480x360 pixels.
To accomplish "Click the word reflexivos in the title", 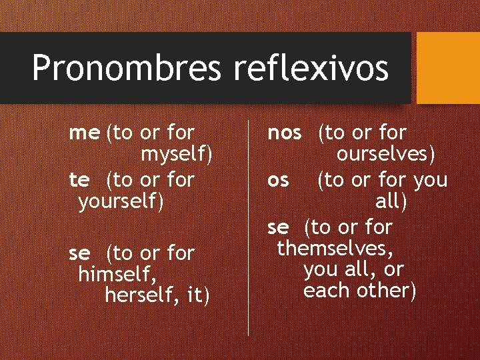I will (311, 68).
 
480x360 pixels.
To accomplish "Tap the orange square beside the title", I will (447, 68).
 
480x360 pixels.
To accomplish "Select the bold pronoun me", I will (84, 133).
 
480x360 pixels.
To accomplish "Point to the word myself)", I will (177, 155).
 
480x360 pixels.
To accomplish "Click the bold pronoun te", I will (79, 179).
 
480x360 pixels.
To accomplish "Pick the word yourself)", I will (121, 201).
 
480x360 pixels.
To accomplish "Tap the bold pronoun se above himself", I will (79, 253).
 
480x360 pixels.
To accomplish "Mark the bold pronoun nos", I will (285, 133).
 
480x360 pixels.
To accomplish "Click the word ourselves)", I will (386, 155).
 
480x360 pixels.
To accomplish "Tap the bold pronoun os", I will (278, 180).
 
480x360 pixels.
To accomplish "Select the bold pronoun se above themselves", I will (278, 228).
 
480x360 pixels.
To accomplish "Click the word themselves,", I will (335, 249).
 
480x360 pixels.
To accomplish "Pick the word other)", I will (389, 291).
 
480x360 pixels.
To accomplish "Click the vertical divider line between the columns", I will (249, 227).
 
